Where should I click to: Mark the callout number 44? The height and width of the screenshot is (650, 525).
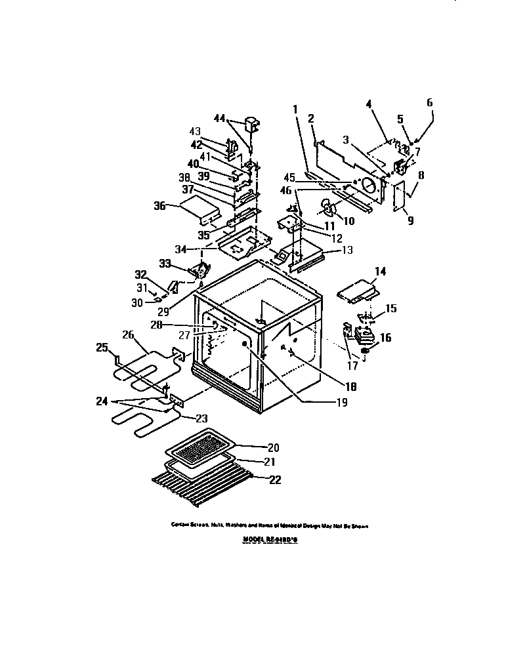220,118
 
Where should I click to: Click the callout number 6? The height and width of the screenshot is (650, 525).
430,103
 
